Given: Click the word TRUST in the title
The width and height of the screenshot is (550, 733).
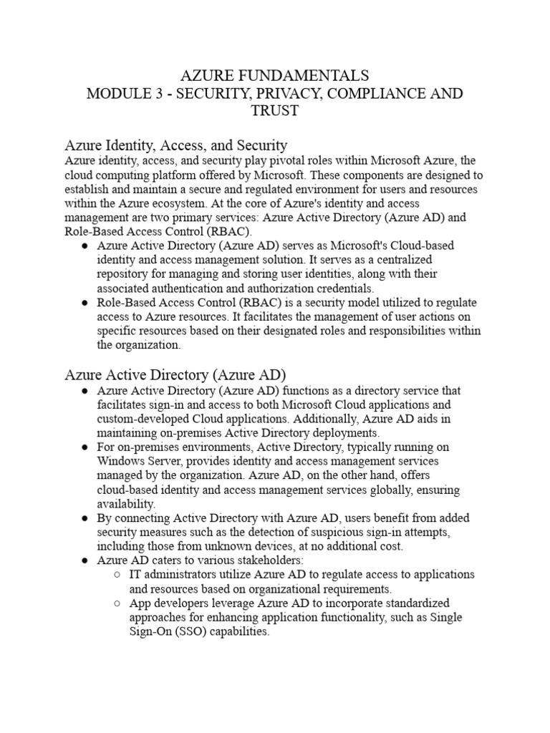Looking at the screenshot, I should click(274, 112).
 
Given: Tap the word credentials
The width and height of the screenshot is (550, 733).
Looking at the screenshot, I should click(342, 288).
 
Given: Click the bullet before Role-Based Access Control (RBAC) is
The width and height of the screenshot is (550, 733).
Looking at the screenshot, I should click(85, 303).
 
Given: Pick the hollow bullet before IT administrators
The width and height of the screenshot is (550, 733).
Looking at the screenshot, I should click(117, 575).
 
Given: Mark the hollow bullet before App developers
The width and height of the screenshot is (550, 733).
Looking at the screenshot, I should click(117, 603).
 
